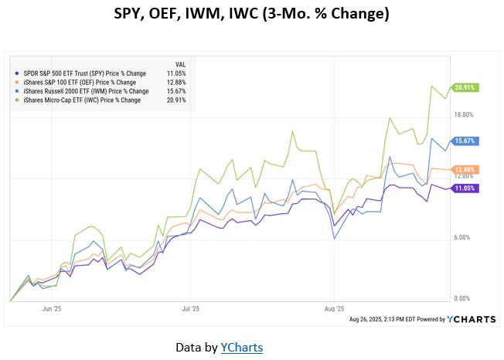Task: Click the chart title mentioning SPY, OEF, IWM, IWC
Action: click(251, 14)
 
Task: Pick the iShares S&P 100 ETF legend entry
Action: click(80, 82)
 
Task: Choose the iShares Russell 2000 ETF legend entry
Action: click(82, 91)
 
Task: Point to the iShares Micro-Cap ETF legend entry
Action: click(81, 100)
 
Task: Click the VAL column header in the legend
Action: click(180, 64)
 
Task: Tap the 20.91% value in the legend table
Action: click(176, 100)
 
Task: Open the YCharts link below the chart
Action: click(241, 348)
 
